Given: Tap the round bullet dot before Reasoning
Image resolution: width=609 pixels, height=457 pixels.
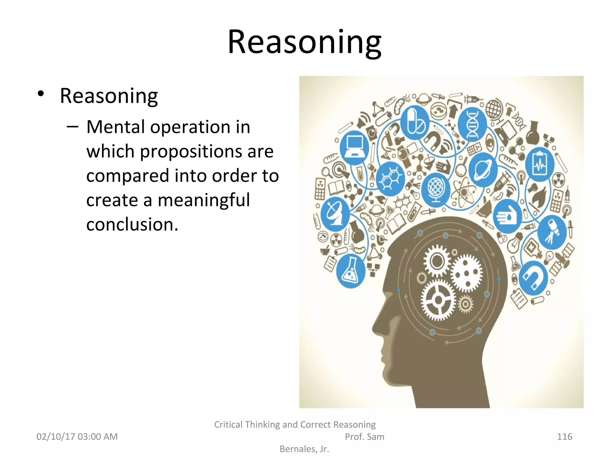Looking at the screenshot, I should [41, 94].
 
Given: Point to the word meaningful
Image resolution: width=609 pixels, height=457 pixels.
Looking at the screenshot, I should [204, 200].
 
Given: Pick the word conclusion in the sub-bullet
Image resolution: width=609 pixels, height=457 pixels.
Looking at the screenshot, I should [132, 224].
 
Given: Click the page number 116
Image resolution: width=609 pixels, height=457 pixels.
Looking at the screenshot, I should [564, 436].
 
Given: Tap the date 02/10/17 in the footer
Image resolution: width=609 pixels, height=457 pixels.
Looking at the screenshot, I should [56, 436].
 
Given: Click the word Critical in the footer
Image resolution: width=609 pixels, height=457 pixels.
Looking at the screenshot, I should [228, 424].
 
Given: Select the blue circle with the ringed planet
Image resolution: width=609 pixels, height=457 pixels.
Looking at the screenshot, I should [483, 170].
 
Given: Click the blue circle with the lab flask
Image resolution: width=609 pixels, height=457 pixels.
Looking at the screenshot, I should [351, 271].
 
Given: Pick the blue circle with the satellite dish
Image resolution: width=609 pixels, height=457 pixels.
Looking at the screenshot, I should [335, 214].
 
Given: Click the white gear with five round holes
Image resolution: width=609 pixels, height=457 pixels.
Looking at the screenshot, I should [466, 273].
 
